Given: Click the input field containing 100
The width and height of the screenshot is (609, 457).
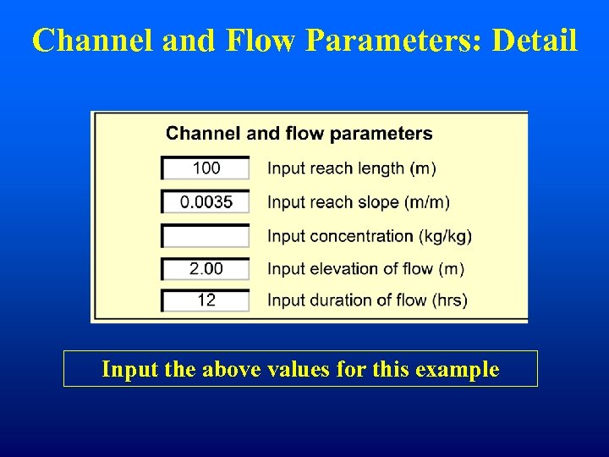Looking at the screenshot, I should pos(206,168).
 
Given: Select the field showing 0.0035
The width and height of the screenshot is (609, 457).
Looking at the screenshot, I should pos(206,202).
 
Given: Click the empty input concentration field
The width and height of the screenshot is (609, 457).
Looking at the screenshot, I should pos(206,235).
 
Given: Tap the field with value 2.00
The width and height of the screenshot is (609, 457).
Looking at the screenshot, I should pos(206,268).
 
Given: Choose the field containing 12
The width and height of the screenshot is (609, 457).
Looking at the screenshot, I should pos(206,300).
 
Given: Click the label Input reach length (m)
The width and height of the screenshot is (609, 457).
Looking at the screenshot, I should pos(352,168).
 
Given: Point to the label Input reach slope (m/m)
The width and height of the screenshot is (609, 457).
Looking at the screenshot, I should pos(359,202).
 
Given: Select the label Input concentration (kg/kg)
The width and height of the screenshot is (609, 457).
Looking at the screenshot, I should pos(370,236).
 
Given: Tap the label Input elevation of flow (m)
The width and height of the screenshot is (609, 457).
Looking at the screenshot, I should pos(366,269).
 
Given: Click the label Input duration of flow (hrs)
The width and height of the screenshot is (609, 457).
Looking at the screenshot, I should pos(367,300).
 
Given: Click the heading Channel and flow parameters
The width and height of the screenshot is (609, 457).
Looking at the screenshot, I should pos(299,134).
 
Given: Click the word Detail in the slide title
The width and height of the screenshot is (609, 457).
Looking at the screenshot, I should pos(535,40).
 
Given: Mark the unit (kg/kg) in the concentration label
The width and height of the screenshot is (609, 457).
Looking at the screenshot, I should pos(446,236).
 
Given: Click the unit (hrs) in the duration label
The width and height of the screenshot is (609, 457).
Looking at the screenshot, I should pos(449,300).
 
